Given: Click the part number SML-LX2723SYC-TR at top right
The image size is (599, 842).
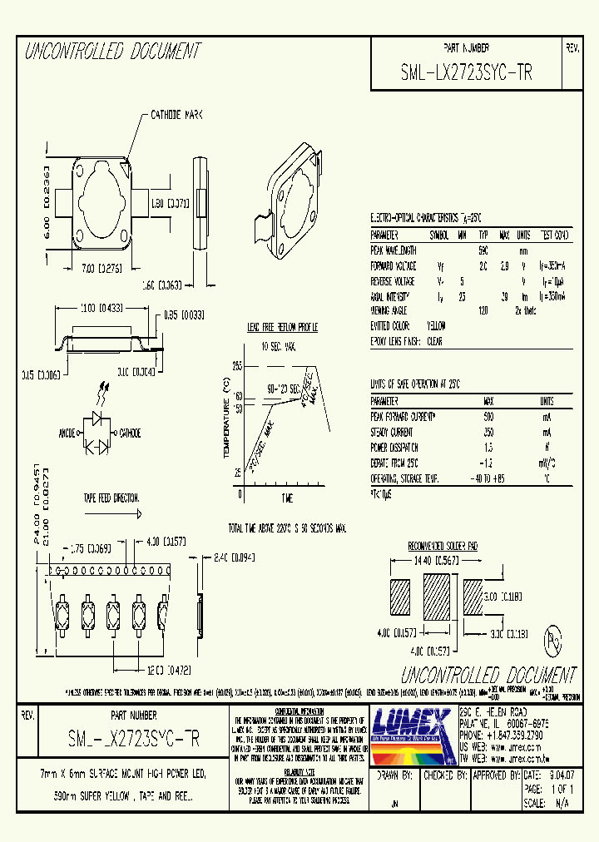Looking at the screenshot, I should click(x=466, y=72).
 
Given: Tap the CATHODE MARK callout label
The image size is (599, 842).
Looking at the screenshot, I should click(x=176, y=114).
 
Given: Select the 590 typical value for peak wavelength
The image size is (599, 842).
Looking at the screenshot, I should click(x=483, y=250).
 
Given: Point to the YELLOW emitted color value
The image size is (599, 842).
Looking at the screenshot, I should click(x=436, y=325).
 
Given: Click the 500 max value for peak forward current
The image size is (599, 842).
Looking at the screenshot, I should click(x=488, y=415).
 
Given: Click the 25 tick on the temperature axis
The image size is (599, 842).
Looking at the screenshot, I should click(x=237, y=473).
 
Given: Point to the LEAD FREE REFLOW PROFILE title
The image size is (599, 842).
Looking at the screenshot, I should click(x=281, y=326).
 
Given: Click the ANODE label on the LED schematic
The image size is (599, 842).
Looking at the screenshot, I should click(x=67, y=433).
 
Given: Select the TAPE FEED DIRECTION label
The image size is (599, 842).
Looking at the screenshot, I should click(x=111, y=498).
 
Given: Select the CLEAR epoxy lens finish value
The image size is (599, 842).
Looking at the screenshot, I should click(x=434, y=341).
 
